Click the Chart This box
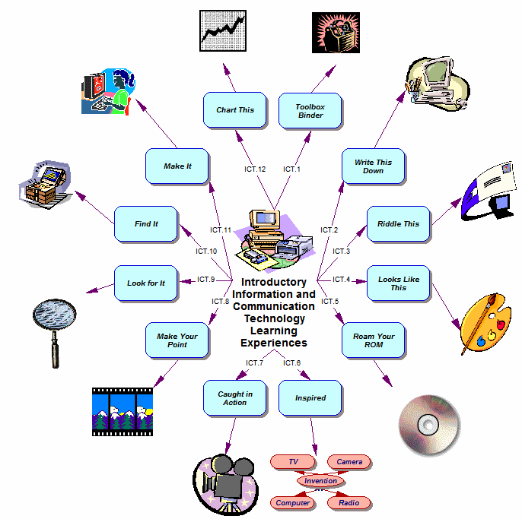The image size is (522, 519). point(234,110)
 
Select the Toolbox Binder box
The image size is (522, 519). point(310,111)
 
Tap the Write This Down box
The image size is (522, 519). point(373,166)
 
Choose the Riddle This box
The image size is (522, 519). point(398,224)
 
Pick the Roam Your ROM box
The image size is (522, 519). point(373,340)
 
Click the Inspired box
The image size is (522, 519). point(310,398)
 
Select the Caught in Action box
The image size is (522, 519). point(234,398)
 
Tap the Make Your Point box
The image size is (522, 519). point(177,340)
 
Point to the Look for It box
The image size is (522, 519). point(145,283)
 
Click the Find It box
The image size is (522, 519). point(145,224)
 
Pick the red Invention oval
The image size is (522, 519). point(320,481)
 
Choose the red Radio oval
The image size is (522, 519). point(349,502)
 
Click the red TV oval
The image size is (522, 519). point(293,462)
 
